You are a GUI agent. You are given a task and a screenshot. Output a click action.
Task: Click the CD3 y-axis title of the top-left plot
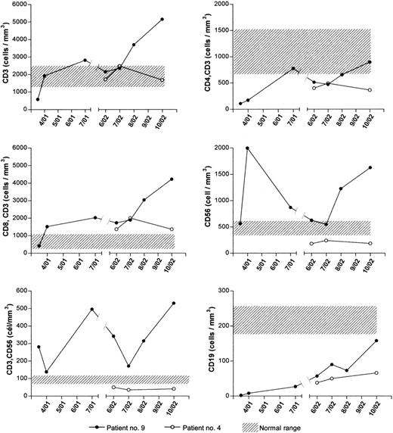tap(7, 58)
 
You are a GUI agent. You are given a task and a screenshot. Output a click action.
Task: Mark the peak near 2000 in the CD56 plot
tap(248, 148)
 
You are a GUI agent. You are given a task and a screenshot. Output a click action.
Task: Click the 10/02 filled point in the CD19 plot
tap(376, 341)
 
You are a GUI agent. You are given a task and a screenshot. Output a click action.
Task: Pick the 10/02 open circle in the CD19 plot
tap(376, 372)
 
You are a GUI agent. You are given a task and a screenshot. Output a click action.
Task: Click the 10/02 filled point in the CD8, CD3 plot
tap(172, 179)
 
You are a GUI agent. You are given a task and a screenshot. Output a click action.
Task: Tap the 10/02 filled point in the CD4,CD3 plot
tap(370, 62)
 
